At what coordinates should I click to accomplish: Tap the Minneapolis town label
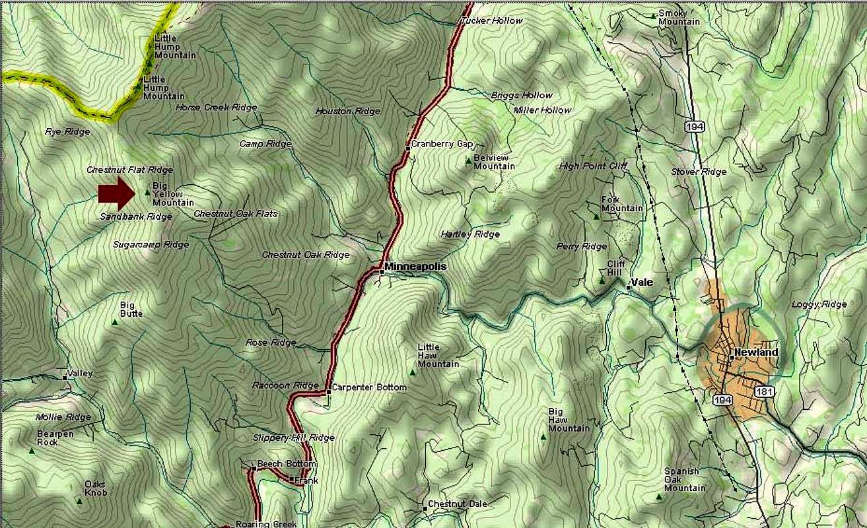(x=415, y=267)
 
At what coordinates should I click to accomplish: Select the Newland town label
(x=756, y=352)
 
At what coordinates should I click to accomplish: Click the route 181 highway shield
(x=766, y=392)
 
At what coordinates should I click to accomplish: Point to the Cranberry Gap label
(x=442, y=144)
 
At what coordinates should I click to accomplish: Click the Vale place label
(x=642, y=282)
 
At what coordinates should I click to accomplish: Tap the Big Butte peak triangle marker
(x=115, y=323)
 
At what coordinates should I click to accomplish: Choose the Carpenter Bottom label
(x=369, y=387)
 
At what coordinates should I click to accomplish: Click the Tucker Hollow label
(x=492, y=21)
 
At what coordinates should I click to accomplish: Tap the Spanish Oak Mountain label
(x=685, y=480)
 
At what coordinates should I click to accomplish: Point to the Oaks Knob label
(x=95, y=488)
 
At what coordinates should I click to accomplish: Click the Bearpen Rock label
(x=55, y=438)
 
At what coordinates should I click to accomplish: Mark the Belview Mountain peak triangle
(x=469, y=160)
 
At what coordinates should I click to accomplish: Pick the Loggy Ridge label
(x=819, y=304)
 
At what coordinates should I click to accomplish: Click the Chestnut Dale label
(x=457, y=504)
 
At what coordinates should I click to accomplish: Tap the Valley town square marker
(x=65, y=378)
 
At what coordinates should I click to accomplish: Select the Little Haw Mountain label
(x=438, y=356)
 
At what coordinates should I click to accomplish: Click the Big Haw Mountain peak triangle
(x=543, y=436)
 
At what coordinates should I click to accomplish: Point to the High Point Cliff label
(x=592, y=166)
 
